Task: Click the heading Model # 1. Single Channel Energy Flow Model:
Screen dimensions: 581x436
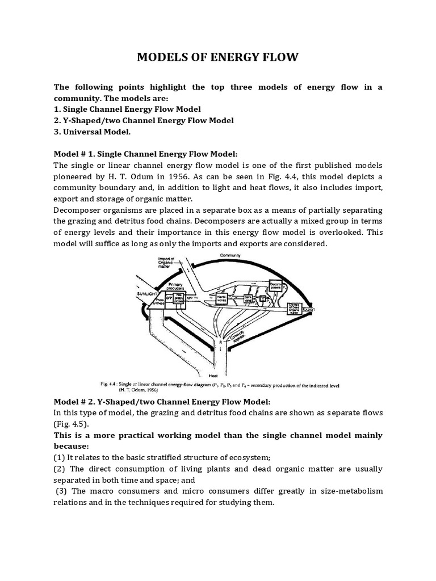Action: (145, 154)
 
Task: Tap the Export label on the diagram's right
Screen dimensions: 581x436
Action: (308, 310)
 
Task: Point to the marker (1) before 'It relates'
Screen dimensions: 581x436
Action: (60, 458)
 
